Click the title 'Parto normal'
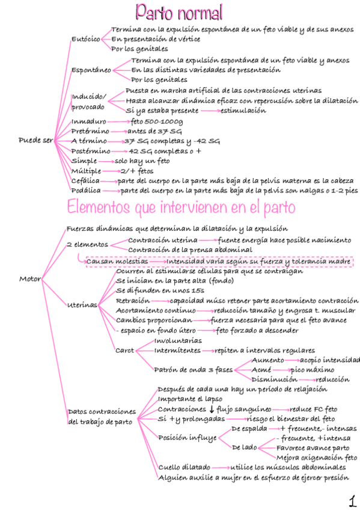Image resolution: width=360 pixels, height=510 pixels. coord(180,12)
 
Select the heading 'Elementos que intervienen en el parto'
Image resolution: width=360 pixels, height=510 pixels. coord(181,207)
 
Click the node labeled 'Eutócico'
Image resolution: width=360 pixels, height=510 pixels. coord(86,38)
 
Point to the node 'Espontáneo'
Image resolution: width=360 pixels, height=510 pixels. coord(91,70)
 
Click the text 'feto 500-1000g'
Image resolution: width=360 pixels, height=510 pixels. coord(156,121)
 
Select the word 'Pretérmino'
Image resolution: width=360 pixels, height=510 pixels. coord(90,131)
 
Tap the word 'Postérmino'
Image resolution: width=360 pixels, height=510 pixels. coord(91,151)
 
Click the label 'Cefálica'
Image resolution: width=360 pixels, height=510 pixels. coord(85,180)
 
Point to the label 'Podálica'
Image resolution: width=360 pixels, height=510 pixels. coord(86,191)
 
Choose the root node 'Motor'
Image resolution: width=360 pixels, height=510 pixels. coord(30,279)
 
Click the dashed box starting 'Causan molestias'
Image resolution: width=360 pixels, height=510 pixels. coord(218,262)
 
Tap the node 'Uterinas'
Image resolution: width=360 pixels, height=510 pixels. coord(82,306)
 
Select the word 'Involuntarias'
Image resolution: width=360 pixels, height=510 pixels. coord(178,340)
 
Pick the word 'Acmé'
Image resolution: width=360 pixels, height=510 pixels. coord(261,370)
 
